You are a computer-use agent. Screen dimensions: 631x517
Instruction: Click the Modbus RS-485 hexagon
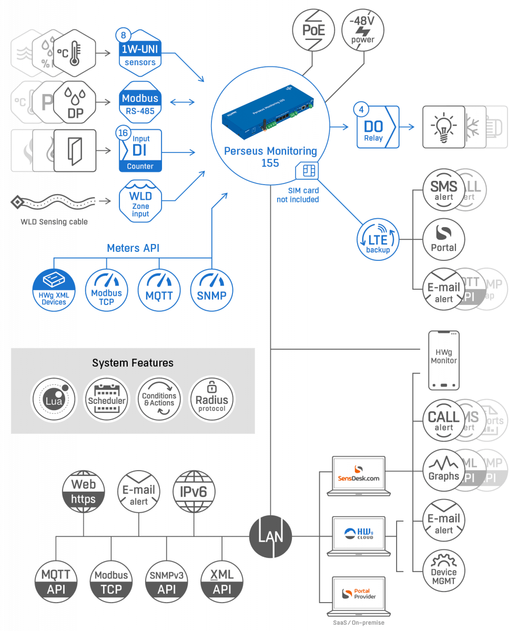point(140,101)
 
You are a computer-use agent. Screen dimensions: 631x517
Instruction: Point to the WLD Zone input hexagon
point(140,200)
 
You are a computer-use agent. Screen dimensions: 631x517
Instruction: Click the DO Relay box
point(377,127)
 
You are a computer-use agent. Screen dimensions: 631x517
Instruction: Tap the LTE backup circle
point(378,240)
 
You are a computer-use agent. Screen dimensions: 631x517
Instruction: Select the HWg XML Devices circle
point(54,291)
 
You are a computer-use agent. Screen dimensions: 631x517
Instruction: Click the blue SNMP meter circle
point(211,290)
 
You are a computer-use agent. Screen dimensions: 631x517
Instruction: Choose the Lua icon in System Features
point(52,400)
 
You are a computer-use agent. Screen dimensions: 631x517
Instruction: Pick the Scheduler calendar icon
point(107,400)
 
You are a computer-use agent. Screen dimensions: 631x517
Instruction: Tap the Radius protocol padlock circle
point(212,400)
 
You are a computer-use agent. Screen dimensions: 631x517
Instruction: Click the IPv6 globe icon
point(194,491)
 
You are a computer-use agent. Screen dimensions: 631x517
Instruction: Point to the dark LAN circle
point(270,536)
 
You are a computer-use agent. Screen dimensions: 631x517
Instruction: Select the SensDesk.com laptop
point(359,476)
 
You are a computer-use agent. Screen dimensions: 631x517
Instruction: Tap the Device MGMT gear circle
point(444,572)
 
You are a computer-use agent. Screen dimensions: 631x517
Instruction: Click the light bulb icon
point(442,127)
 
